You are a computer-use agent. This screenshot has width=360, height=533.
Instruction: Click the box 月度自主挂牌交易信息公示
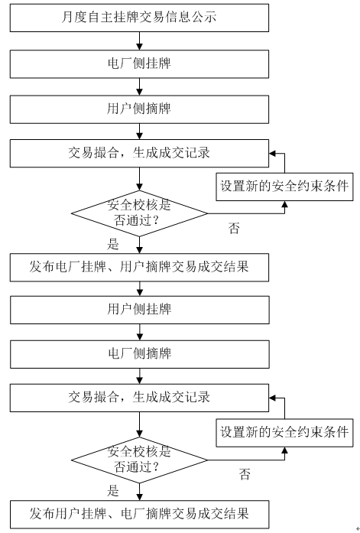click(x=139, y=18)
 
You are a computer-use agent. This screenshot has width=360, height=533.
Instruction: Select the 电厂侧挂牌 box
click(x=139, y=64)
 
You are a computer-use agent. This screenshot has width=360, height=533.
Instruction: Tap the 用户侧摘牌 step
click(x=139, y=109)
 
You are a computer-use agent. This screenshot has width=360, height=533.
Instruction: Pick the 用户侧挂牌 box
click(x=140, y=310)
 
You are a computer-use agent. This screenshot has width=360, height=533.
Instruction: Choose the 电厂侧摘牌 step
click(x=140, y=354)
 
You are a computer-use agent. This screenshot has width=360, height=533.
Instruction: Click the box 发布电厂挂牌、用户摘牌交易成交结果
click(x=139, y=268)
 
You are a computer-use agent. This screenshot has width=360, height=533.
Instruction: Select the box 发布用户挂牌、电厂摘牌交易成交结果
click(x=139, y=515)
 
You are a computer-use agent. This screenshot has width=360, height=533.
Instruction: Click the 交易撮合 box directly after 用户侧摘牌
click(x=139, y=153)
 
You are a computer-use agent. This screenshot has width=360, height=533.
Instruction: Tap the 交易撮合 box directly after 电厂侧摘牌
click(x=139, y=398)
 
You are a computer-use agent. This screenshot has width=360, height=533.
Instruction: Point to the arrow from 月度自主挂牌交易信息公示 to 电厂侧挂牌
click(x=139, y=41)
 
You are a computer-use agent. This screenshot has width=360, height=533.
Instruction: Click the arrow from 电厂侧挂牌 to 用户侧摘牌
click(x=139, y=86)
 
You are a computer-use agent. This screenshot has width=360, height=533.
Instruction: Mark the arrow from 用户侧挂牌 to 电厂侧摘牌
click(x=140, y=332)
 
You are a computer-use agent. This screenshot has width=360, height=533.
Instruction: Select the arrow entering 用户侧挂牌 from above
click(x=140, y=288)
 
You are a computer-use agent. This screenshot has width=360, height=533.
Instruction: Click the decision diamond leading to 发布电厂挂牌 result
click(x=139, y=213)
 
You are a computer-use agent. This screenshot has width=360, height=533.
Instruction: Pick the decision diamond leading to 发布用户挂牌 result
click(x=139, y=460)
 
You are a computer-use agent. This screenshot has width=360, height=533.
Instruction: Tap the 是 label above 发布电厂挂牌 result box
click(x=113, y=244)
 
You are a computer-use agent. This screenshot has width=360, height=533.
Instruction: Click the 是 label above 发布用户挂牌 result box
click(x=113, y=491)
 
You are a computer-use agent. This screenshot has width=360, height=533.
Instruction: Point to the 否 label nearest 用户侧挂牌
click(x=234, y=228)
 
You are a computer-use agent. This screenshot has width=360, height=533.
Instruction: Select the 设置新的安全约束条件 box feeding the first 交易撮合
click(x=284, y=187)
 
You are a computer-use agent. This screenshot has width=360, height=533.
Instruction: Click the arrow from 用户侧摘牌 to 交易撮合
click(x=139, y=132)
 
